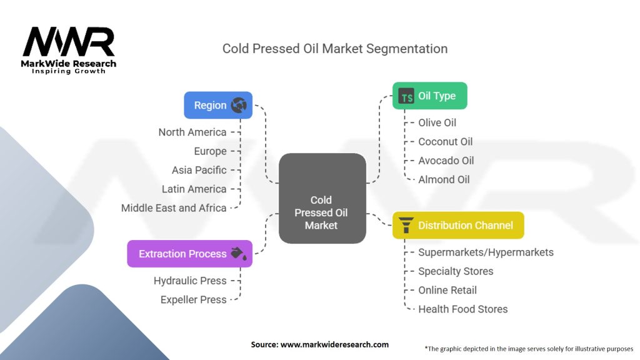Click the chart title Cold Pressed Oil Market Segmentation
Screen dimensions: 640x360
pyautogui.click(x=335, y=48)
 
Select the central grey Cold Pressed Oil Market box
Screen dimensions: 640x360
pyautogui.click(x=321, y=199)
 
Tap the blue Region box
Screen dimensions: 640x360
pyautogui.click(x=217, y=105)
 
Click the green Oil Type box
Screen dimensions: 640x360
pyautogui.click(x=429, y=96)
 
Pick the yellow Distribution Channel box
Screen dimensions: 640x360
pyautogui.click(x=457, y=225)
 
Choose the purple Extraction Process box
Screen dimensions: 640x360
pyautogui.click(x=189, y=254)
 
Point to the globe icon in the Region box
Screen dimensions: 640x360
pyautogui.click(x=239, y=105)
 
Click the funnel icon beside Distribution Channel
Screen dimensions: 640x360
pyautogui.click(x=406, y=225)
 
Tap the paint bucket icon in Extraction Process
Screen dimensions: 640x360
pyautogui.click(x=239, y=253)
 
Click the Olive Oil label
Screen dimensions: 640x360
pyautogui.click(x=437, y=122)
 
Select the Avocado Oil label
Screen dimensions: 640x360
pyautogui.click(x=446, y=161)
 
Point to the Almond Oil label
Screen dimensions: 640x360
pyautogui.click(x=444, y=179)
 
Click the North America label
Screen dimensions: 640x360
pyautogui.click(x=192, y=132)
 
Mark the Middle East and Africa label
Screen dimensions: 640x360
pyautogui.click(x=174, y=207)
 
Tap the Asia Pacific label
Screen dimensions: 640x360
pyautogui.click(x=199, y=170)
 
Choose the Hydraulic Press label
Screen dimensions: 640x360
pyautogui.click(x=190, y=281)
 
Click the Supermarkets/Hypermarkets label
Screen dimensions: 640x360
pyautogui.click(x=486, y=252)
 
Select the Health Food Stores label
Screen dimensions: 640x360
pyautogui.click(x=463, y=309)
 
